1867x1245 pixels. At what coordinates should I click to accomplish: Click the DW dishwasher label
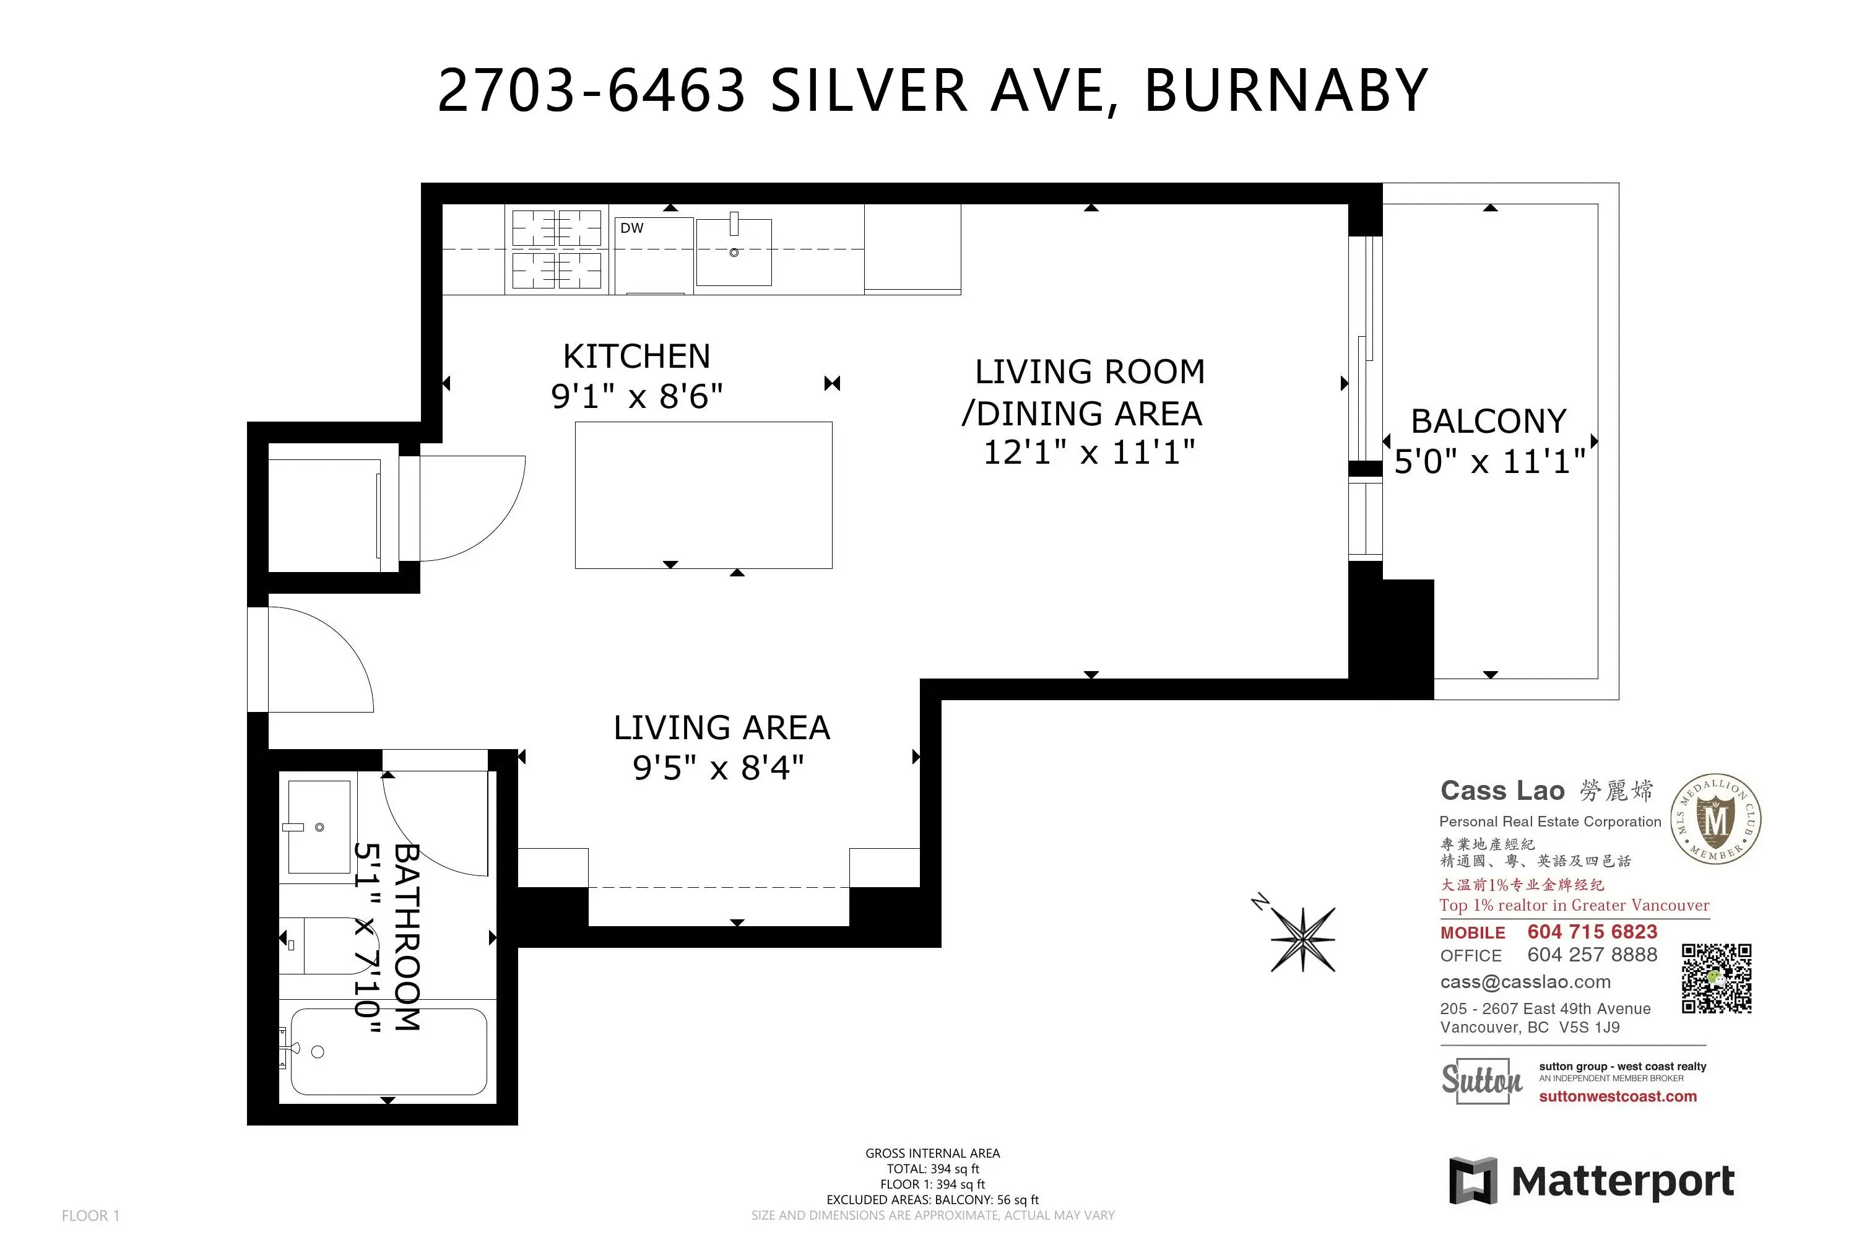pyautogui.click(x=632, y=228)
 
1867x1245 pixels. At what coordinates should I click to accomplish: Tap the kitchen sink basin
pyautogui.click(x=734, y=252)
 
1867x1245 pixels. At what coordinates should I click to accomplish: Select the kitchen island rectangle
pyautogui.click(x=703, y=495)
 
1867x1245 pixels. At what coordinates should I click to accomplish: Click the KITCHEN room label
pyautogui.click(x=636, y=356)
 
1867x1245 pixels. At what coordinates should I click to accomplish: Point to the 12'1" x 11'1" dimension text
pyautogui.click(x=1089, y=453)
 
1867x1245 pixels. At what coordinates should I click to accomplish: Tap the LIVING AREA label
pyautogui.click(x=722, y=727)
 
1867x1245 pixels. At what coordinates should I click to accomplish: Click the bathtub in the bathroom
pyautogui.click(x=388, y=1051)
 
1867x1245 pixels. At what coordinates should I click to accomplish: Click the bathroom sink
pyautogui.click(x=318, y=826)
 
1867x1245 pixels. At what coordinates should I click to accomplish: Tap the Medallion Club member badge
pyautogui.click(x=1715, y=818)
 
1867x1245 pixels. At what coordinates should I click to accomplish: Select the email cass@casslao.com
pyautogui.click(x=1525, y=982)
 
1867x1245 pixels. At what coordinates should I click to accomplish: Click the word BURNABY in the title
pyautogui.click(x=1286, y=90)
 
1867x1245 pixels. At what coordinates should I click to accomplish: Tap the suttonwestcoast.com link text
pyautogui.click(x=1618, y=1096)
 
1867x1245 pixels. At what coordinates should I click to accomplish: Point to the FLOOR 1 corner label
pyautogui.click(x=90, y=1216)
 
